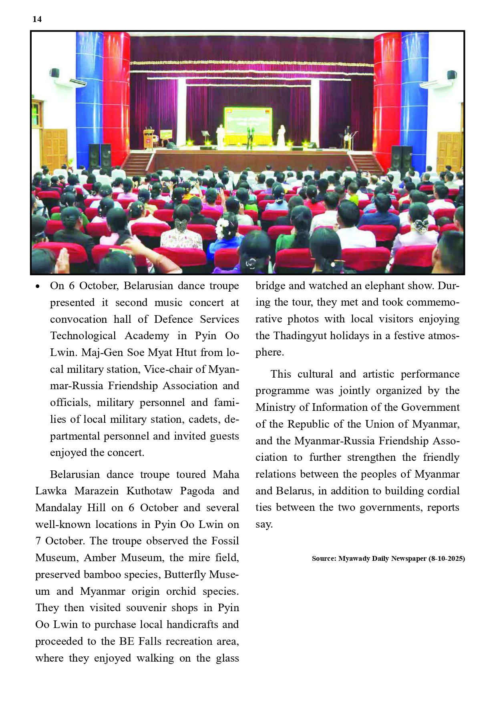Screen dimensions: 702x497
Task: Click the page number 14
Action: (x=37, y=19)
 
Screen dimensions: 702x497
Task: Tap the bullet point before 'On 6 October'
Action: (x=38, y=286)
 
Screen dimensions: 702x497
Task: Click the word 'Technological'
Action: (x=83, y=336)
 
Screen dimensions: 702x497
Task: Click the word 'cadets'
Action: (x=202, y=419)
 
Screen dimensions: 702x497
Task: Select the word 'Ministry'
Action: (x=276, y=407)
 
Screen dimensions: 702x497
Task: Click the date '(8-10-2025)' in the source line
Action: (x=447, y=558)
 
